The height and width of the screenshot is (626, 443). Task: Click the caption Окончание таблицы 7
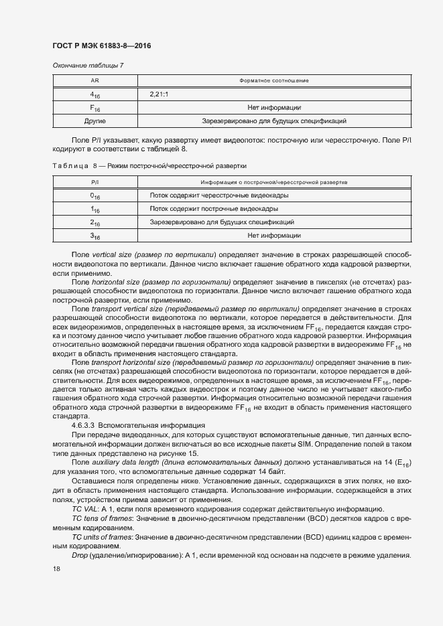82,65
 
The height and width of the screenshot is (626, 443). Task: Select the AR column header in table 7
94,80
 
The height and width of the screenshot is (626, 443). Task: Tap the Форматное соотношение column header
273,80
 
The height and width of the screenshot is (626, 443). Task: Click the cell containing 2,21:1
160,94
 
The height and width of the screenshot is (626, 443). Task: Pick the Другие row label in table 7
94,121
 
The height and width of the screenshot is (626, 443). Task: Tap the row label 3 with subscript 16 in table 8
94,236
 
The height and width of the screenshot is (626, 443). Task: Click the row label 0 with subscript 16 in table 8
94,195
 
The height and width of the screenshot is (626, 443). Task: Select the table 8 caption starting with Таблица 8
149,163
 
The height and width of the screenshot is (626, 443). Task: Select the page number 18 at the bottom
56,568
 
